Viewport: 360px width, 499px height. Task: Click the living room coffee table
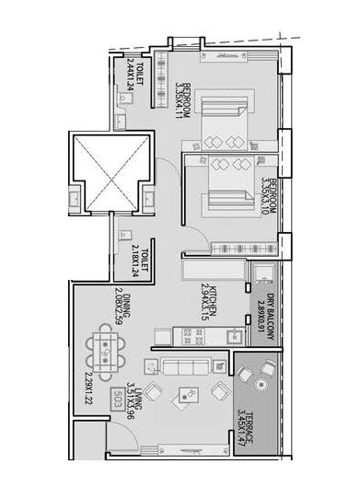[x=193, y=394]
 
